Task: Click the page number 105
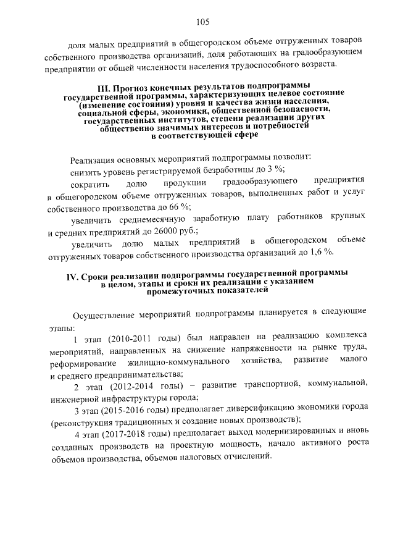click(203, 22)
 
